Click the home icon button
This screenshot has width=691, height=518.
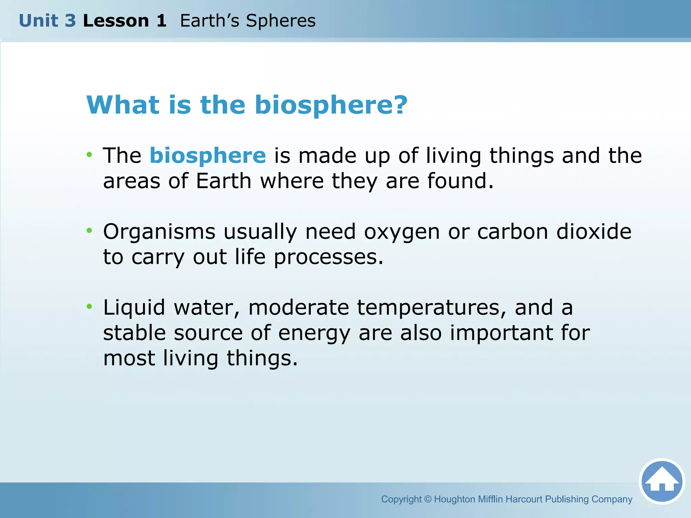[x=662, y=481]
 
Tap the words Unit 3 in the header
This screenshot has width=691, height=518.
[x=47, y=21]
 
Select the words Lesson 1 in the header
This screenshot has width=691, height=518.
[x=125, y=21]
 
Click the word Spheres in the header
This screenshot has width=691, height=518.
[x=281, y=21]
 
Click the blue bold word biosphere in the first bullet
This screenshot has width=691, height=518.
[x=208, y=155]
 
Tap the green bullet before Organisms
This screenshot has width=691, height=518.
[x=89, y=231]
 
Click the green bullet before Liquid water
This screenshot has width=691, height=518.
[x=89, y=307]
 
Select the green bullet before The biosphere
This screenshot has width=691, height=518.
[x=89, y=155]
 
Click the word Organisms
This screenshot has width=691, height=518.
[x=159, y=232]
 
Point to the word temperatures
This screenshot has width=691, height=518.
[x=432, y=308]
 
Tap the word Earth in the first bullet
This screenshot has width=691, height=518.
[x=224, y=181]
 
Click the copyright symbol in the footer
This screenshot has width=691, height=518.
[x=427, y=499]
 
